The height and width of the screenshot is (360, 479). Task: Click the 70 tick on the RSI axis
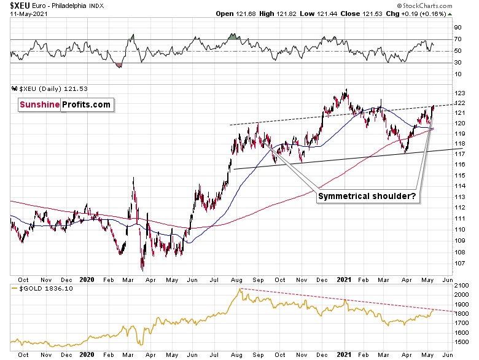(x=457, y=39)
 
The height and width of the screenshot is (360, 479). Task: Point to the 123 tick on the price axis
(x=458, y=92)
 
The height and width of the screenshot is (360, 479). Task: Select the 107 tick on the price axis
(x=458, y=262)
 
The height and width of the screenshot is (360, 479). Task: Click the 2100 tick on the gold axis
(x=460, y=286)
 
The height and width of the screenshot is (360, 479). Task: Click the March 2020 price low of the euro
(x=142, y=269)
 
